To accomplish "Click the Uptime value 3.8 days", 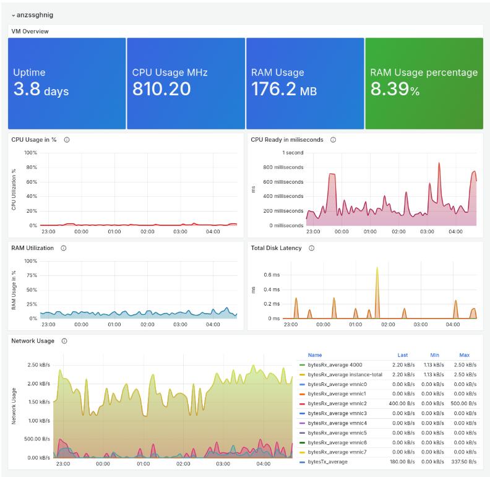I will point(41,90).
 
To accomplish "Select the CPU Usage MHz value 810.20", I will point(161,90).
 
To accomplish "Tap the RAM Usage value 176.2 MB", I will point(284,90).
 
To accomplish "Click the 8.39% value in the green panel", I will point(395,90).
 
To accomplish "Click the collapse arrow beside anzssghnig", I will point(13,15).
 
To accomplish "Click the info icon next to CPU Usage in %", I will point(67,140).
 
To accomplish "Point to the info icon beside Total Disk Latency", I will point(311,248).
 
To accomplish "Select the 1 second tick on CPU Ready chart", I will point(293,153).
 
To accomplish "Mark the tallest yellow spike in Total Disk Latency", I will point(377,269).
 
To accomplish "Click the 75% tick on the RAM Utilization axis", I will point(30,275).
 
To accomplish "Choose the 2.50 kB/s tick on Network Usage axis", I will point(38,365).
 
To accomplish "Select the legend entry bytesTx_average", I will point(327,462).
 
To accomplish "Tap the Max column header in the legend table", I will point(464,355).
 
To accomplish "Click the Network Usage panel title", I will point(33,341).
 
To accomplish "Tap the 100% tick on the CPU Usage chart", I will point(30,153).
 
